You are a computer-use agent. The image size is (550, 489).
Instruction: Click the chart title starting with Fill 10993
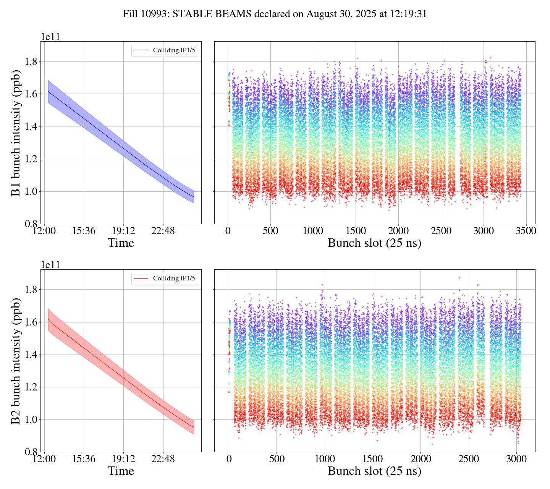point(275,14)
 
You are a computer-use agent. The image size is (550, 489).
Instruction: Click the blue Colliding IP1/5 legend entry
point(165,50)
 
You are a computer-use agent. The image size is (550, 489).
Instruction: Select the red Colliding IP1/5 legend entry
point(165,279)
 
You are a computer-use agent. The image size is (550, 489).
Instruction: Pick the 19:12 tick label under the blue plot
point(123,231)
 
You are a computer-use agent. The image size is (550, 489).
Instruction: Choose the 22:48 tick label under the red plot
point(163,459)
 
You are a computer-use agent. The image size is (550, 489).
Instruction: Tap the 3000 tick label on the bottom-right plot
point(516,459)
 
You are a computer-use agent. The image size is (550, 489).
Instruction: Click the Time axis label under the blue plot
point(121,243)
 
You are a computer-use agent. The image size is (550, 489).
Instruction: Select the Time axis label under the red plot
point(121,471)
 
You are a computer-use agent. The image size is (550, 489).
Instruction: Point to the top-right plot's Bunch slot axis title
point(374,243)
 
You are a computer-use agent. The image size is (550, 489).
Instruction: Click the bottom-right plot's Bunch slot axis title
point(374,471)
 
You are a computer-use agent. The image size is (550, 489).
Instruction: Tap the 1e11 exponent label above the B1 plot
point(50,37)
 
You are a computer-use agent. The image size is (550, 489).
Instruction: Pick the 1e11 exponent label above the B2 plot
point(50,265)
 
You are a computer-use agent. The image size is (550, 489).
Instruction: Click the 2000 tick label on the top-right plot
point(398,231)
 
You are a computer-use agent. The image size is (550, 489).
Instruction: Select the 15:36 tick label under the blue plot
point(84,231)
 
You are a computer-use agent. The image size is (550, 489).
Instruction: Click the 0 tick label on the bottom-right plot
point(229,459)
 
